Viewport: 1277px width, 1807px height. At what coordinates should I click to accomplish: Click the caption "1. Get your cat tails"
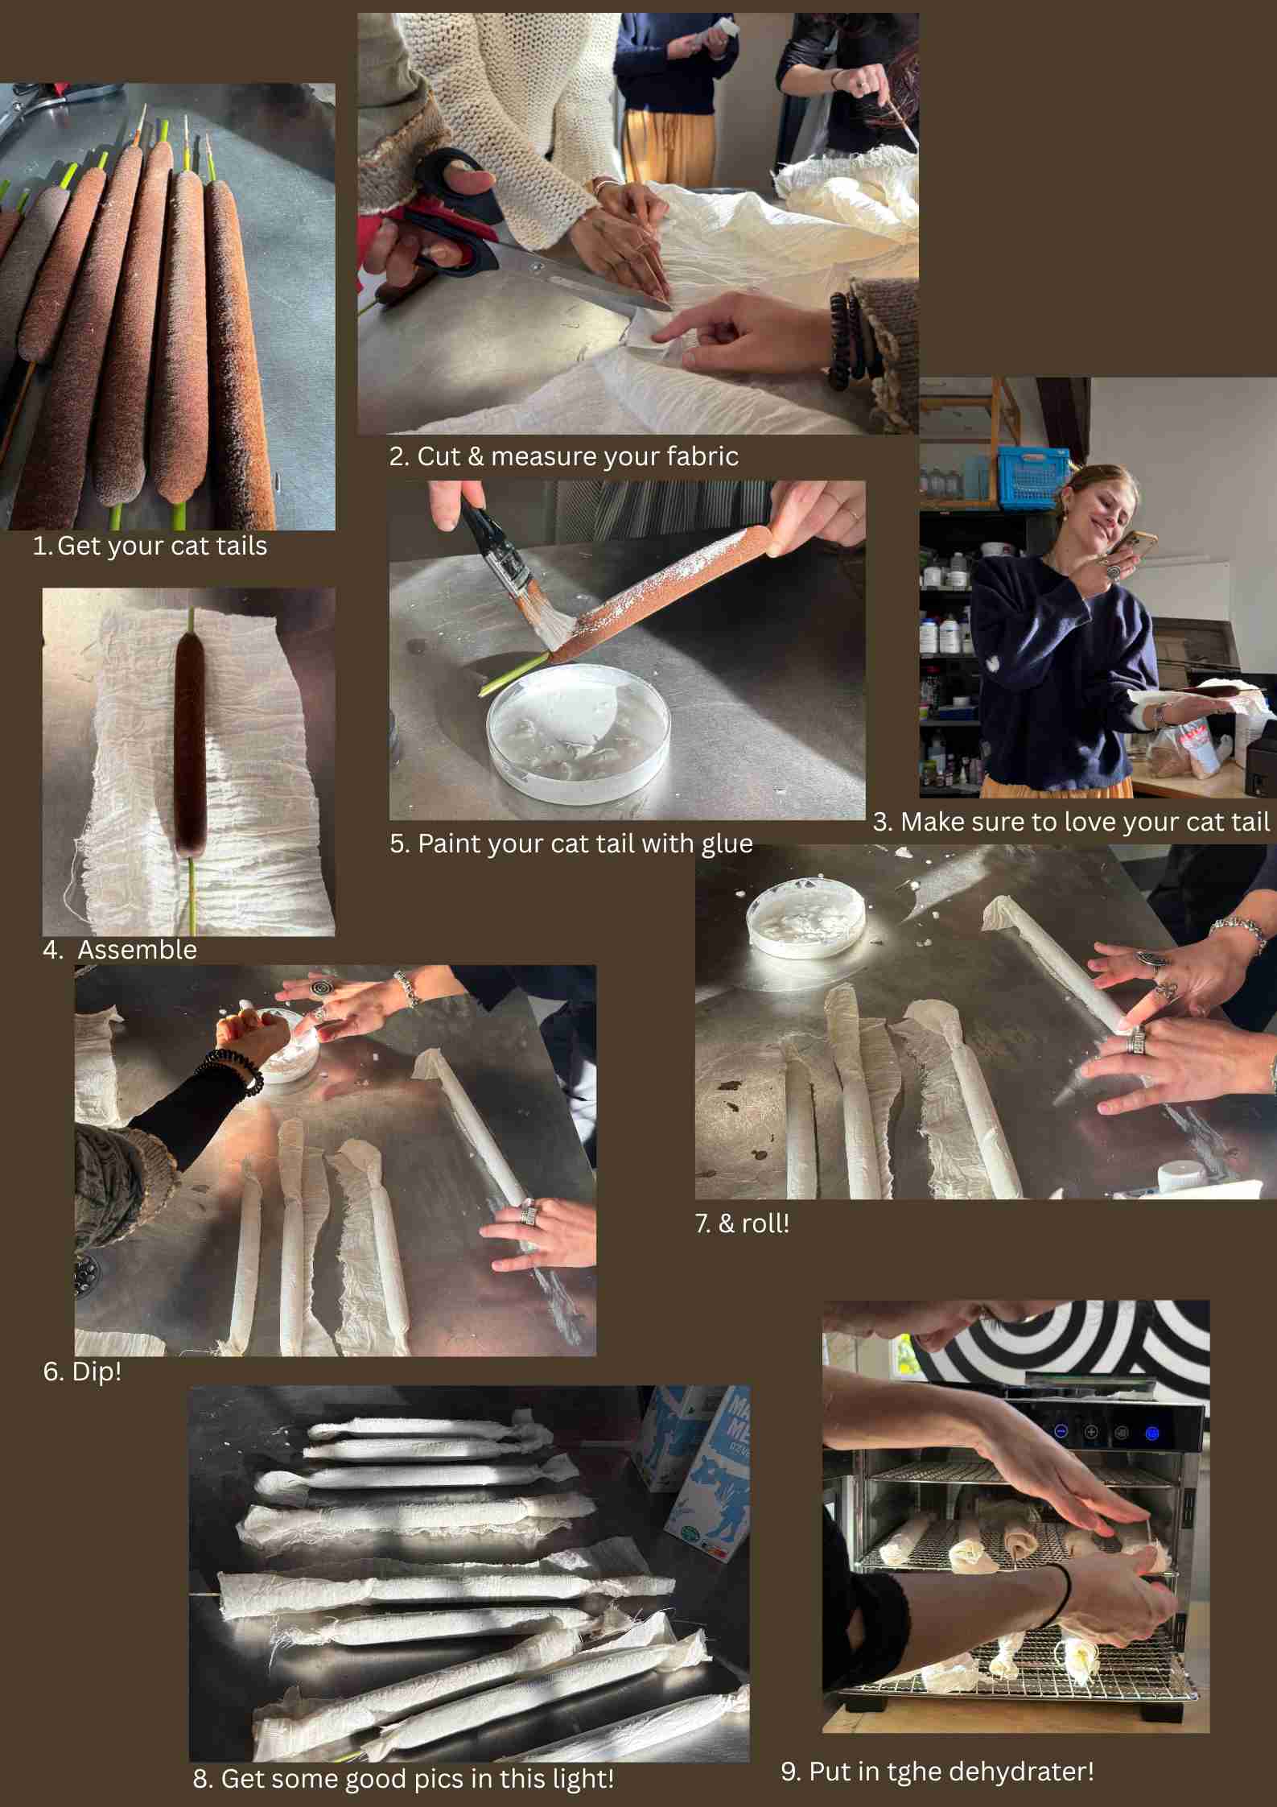[150, 546]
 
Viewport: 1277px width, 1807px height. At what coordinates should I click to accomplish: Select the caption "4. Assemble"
[120, 950]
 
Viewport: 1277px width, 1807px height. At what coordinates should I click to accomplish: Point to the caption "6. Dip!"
[82, 1372]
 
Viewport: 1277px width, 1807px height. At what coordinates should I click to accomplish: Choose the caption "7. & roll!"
[742, 1223]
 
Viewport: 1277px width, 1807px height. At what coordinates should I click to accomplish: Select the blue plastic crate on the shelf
[1034, 479]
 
